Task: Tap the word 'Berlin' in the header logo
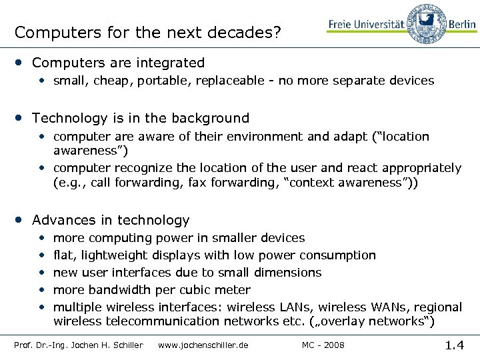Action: click(x=462, y=25)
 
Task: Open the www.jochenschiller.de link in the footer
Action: click(x=203, y=345)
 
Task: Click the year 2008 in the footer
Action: click(x=335, y=345)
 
